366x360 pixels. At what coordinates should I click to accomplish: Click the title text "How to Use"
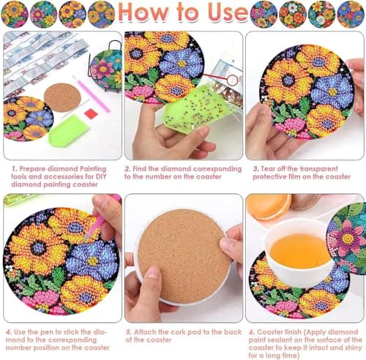tap(182, 14)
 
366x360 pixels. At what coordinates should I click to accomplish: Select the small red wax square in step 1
tap(91, 113)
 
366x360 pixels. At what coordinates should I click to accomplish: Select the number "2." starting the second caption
tap(128, 168)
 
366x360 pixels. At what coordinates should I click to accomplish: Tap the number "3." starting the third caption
tap(254, 168)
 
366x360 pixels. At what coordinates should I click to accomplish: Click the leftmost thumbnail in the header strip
tap(14, 14)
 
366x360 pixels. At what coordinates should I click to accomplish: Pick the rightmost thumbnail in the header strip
tap(351, 14)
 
